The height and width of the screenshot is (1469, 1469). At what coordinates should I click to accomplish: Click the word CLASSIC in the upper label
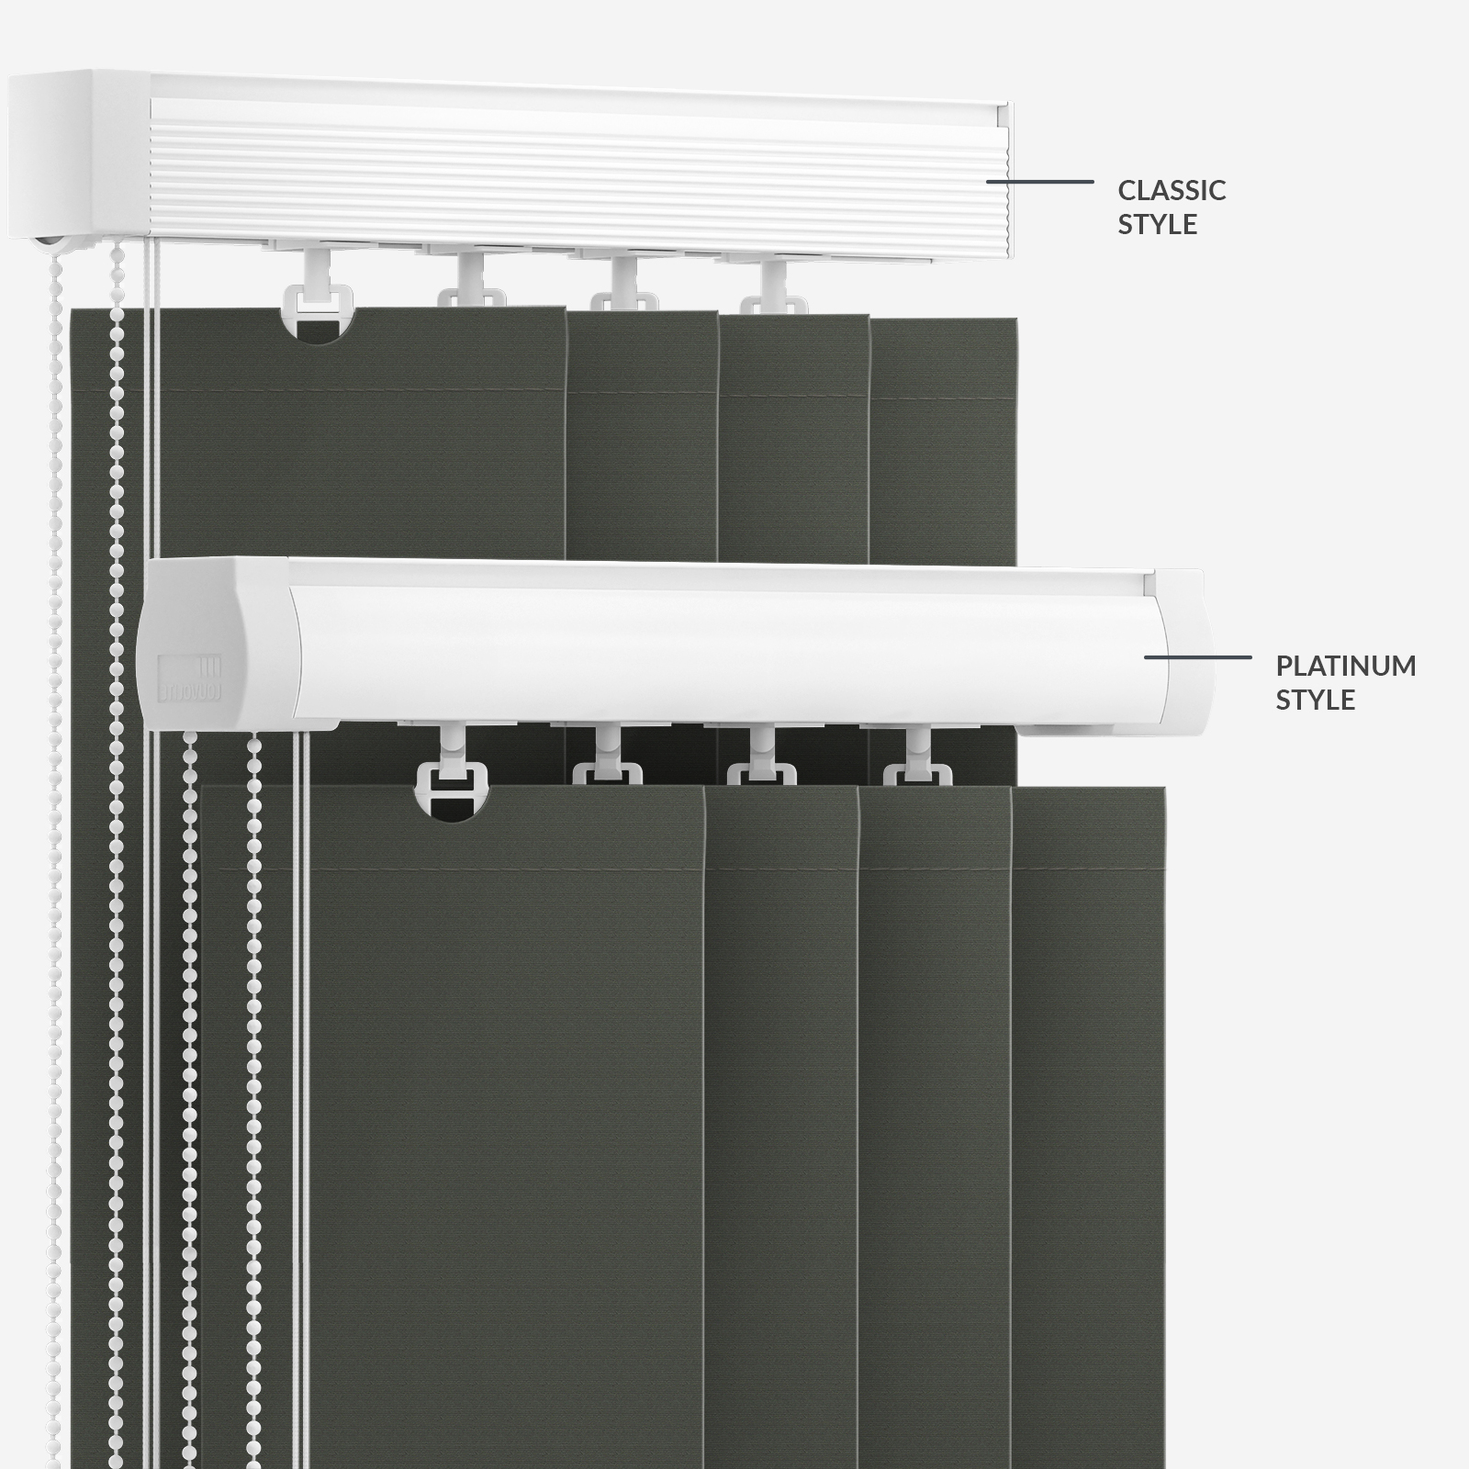[x=1172, y=190]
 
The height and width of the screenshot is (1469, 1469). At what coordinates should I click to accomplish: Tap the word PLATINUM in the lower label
[x=1346, y=666]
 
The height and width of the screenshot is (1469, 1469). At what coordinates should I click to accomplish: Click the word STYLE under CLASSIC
[x=1157, y=224]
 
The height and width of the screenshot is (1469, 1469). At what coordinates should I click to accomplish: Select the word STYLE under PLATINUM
[x=1315, y=700]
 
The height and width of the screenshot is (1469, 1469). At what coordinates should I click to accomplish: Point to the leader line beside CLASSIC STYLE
[x=1039, y=182]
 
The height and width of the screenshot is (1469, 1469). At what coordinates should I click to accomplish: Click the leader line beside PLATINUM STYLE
[x=1197, y=657]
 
